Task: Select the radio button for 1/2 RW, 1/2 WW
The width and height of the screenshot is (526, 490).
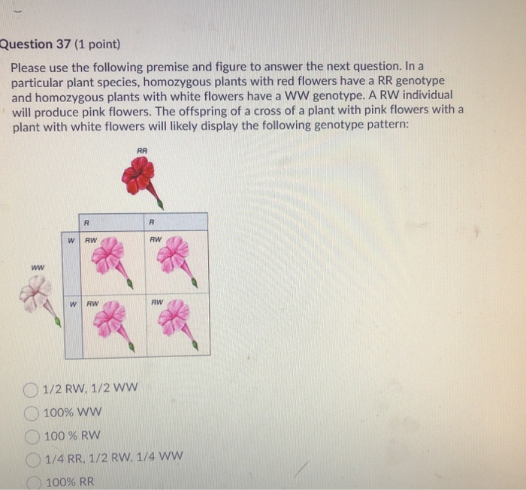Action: [x=31, y=389]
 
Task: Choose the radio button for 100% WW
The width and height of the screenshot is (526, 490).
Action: [x=31, y=413]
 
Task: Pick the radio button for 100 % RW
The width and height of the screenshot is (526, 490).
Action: [x=32, y=435]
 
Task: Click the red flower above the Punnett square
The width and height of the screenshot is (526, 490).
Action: [x=140, y=177]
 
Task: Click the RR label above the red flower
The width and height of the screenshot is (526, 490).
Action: [x=142, y=152]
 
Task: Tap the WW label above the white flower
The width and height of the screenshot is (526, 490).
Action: [x=37, y=267]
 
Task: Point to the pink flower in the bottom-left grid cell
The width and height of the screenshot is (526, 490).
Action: [x=111, y=320]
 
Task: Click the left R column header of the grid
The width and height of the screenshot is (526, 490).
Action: [x=88, y=222]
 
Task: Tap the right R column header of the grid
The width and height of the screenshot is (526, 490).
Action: [x=152, y=222]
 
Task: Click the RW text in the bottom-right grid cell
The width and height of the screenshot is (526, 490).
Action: [x=156, y=303]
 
